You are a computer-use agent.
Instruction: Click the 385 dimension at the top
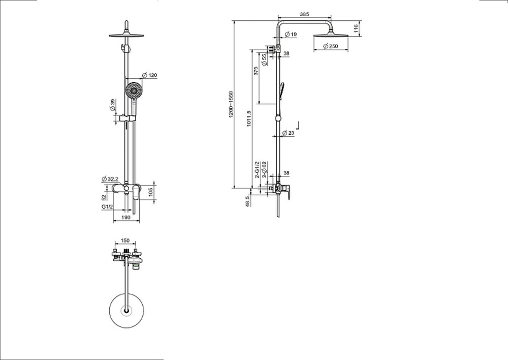pyautogui.click(x=304, y=15)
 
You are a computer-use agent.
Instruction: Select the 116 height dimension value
pyautogui.click(x=357, y=28)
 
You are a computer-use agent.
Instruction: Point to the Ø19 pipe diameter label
pyautogui.click(x=291, y=34)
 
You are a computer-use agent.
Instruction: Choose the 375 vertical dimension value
pyautogui.click(x=257, y=72)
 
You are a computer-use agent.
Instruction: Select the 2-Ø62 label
pyautogui.click(x=265, y=169)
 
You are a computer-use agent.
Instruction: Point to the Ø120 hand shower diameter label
pyautogui.click(x=150, y=76)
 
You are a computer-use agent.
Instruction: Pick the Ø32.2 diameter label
pyautogui.click(x=110, y=179)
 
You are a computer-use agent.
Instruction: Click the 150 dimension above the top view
pyautogui.click(x=125, y=241)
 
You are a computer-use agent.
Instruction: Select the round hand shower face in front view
pyautogui.click(x=133, y=91)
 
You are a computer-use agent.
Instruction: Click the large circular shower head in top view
pyautogui.click(x=125, y=309)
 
